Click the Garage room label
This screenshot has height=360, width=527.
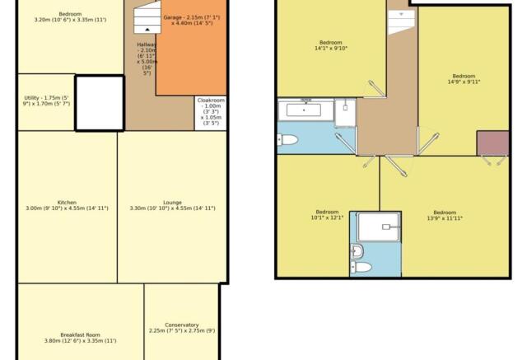point(192,20)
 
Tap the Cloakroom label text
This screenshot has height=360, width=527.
point(211,111)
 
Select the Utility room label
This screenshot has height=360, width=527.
point(46,101)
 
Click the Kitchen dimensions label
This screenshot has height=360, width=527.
point(68,205)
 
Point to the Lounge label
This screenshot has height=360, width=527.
point(172,205)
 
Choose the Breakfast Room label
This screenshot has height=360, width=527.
point(81,338)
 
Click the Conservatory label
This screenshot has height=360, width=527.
point(182,328)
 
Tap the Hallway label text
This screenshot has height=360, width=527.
point(147,58)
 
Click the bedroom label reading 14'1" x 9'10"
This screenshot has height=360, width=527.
point(331,45)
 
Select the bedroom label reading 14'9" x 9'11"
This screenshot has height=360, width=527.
point(464,79)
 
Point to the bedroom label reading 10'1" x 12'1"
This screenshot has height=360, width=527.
point(327,215)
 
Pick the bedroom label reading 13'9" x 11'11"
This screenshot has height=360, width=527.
point(445,215)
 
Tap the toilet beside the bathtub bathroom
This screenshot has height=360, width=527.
point(287,139)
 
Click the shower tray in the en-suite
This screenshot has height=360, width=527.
point(379,227)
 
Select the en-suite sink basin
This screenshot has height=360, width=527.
point(357,251)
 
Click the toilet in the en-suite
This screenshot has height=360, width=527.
point(361,268)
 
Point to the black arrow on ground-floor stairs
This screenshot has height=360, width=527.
point(147,30)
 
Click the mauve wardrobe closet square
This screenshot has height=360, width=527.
point(492,143)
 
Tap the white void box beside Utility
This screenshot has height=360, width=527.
point(100,103)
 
